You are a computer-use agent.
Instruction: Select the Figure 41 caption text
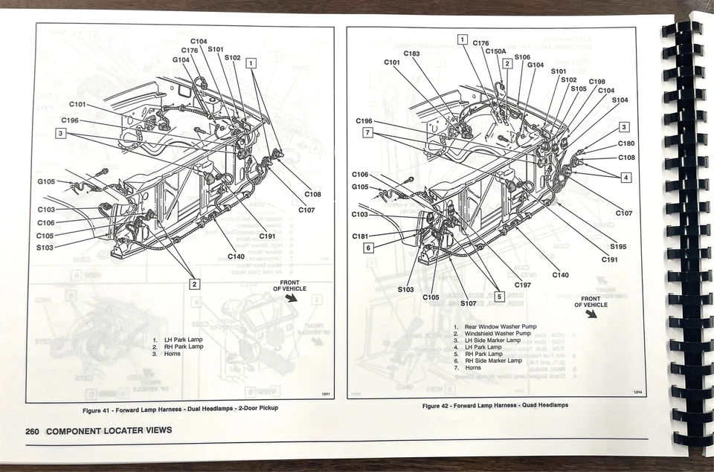180,409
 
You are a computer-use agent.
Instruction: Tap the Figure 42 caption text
495,405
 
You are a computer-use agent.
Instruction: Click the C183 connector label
411,54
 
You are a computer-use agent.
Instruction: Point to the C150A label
495,51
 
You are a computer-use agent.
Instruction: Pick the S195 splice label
618,246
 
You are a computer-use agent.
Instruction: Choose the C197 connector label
523,285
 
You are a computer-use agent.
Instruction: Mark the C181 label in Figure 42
361,236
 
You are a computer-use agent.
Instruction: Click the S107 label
469,303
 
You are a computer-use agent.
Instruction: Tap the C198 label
596,82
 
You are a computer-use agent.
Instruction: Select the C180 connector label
626,143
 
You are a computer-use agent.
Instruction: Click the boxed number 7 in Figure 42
367,132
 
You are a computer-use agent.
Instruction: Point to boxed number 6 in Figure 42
367,248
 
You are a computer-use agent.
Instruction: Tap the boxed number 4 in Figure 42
625,177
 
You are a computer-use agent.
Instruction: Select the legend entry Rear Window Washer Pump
500,326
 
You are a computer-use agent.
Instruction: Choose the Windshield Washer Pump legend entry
498,334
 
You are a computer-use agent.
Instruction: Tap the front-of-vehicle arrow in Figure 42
591,313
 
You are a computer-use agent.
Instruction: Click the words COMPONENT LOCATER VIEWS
109,430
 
